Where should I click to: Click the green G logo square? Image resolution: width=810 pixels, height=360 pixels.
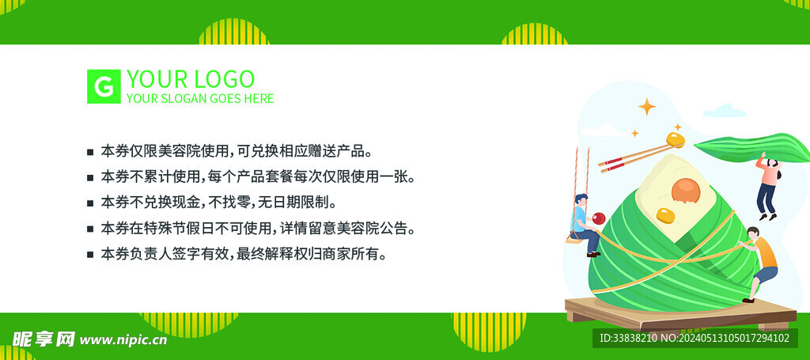point(104,86)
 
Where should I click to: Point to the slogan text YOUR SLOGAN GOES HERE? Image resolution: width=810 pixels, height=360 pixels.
point(200,98)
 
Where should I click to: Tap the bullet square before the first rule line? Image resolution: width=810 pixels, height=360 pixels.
point(90,153)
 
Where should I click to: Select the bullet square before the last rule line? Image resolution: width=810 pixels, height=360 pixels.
point(90,254)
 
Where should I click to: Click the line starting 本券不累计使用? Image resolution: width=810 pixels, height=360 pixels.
point(258,177)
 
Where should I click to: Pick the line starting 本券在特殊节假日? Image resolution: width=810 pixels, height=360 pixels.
point(258,228)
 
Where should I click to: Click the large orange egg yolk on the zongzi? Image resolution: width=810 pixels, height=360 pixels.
point(686,191)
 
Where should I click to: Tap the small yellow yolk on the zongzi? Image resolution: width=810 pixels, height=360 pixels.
point(665,215)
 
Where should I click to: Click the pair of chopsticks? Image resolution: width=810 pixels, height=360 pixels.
point(636,157)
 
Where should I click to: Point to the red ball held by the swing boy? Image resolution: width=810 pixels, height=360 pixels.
point(598,218)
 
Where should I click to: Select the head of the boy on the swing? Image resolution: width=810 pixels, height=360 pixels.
point(581,199)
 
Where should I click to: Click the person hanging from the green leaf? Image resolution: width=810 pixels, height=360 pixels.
point(767,187)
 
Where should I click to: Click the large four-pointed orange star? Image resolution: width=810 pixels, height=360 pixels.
point(647,107)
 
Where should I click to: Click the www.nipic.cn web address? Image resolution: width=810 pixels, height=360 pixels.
point(123,339)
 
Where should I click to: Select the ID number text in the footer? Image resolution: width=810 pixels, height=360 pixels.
point(694,339)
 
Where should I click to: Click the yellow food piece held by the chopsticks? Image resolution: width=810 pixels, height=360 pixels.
point(676,139)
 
